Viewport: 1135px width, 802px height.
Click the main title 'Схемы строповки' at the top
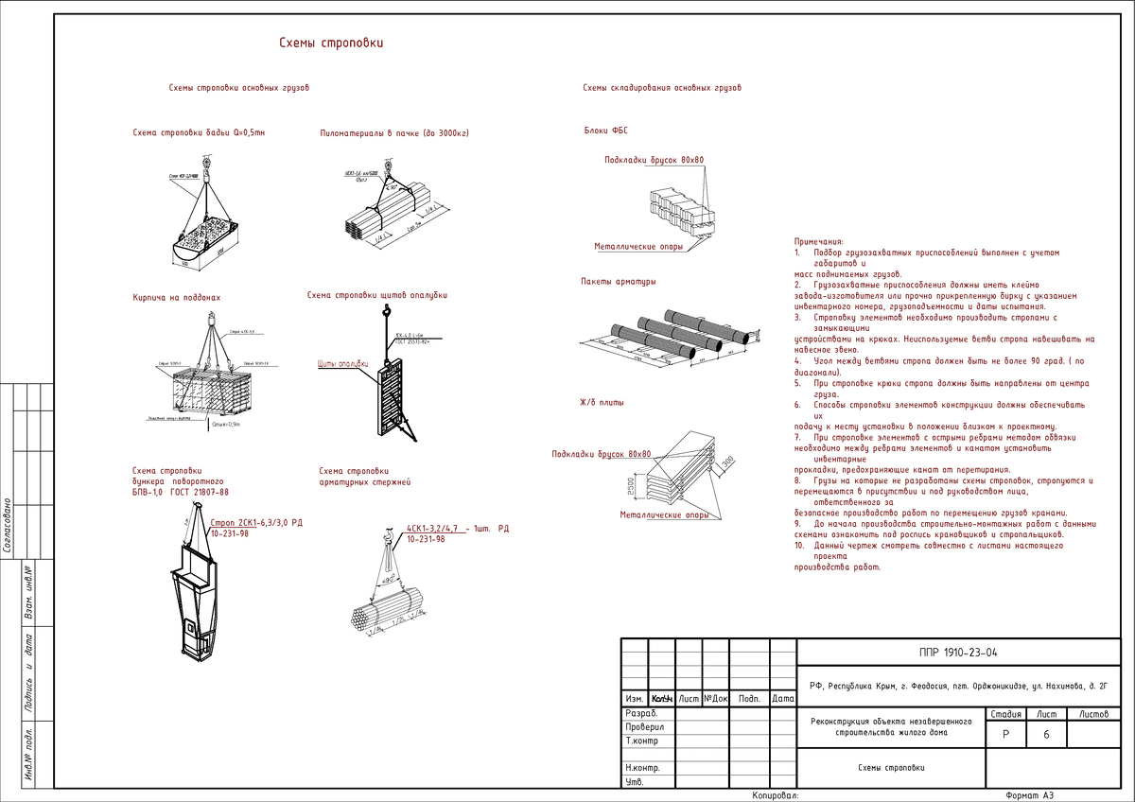point(330,44)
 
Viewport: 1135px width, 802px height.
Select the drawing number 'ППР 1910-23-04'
point(958,653)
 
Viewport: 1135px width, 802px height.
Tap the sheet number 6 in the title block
point(1047,734)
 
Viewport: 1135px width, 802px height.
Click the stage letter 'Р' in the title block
point(1006,734)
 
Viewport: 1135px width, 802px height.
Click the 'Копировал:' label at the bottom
point(776,795)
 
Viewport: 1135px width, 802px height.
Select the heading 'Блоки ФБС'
point(606,131)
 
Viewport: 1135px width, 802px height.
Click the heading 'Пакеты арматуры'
point(619,282)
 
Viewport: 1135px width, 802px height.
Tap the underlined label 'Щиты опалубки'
point(340,364)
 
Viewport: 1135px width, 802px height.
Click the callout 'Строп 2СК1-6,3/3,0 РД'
point(256,522)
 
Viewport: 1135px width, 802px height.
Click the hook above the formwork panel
point(386,311)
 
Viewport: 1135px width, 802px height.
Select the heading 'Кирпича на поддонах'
point(176,298)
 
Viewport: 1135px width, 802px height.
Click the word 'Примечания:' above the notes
point(818,242)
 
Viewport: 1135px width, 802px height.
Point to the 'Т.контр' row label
point(643,741)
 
